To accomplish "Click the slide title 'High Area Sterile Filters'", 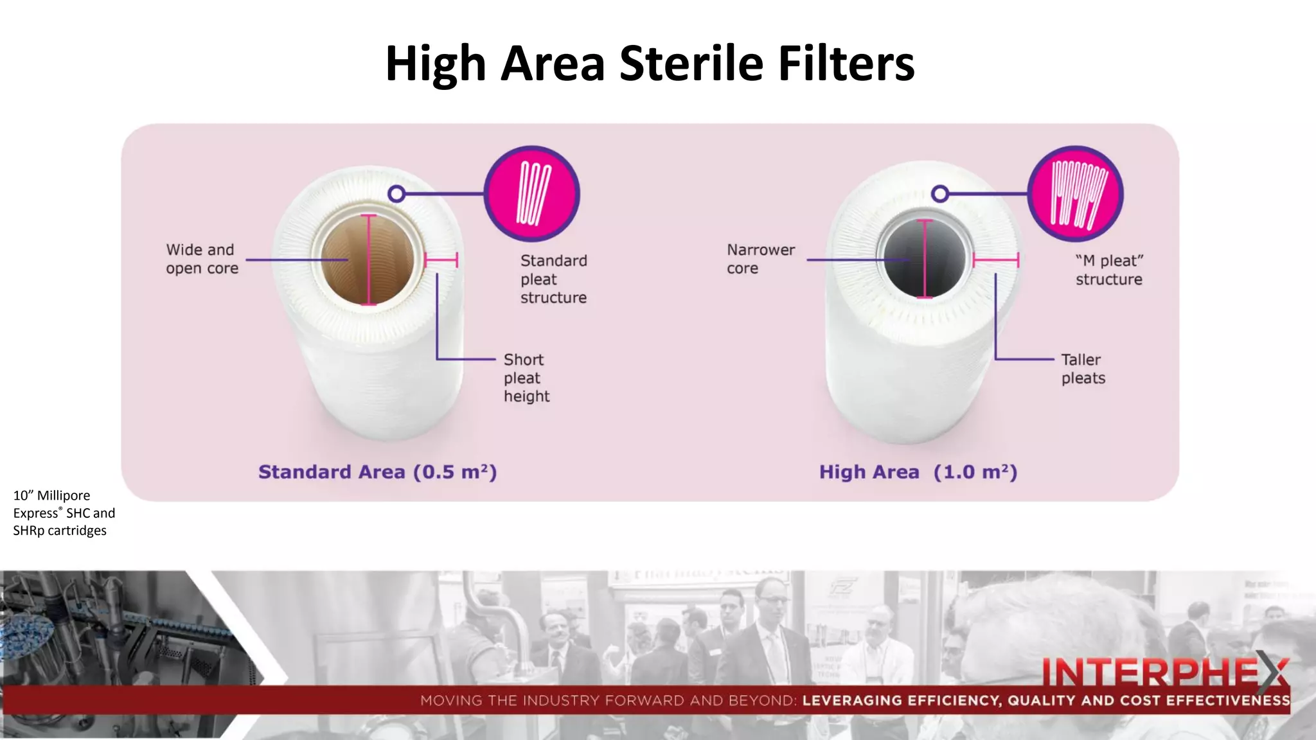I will tap(650, 64).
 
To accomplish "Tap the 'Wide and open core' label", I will tap(202, 259).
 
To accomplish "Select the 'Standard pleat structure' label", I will tap(553, 279).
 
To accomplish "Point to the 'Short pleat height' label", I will tap(526, 378).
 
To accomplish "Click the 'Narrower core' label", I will tap(760, 259).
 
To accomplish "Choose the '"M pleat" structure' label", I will tap(1109, 270).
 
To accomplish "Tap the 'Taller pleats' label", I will tap(1083, 369).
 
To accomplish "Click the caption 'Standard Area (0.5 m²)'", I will tap(377, 472).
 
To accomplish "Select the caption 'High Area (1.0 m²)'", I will tap(918, 472).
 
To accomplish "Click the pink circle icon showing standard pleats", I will tap(532, 194).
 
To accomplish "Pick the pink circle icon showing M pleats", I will tap(1076, 194).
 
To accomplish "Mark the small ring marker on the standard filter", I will tap(397, 193).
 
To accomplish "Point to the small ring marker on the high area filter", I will tap(940, 193).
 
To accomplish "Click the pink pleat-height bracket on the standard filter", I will tap(441, 260).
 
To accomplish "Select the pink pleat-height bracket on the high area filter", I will tap(995, 260).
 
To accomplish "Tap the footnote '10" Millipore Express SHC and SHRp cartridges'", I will tap(64, 513).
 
